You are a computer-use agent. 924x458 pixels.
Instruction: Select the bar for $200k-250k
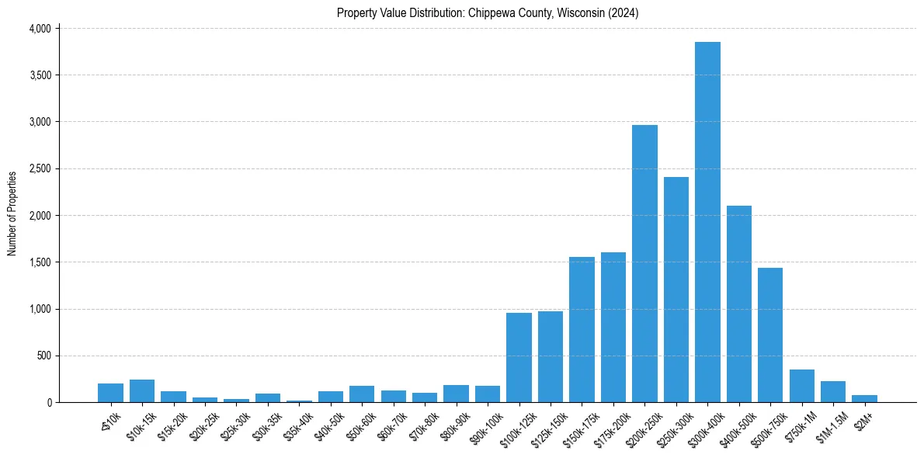(x=644, y=264)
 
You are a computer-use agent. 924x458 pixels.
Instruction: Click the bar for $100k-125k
(x=519, y=358)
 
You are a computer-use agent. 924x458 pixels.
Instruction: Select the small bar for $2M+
(x=864, y=399)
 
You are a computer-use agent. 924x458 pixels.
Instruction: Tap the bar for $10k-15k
(x=142, y=391)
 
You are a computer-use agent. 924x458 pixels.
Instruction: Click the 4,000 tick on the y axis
(x=40, y=29)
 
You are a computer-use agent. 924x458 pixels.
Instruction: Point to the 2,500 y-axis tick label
(x=40, y=168)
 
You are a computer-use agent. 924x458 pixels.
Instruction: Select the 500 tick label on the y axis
(x=43, y=356)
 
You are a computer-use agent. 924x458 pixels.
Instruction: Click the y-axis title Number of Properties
(x=12, y=213)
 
